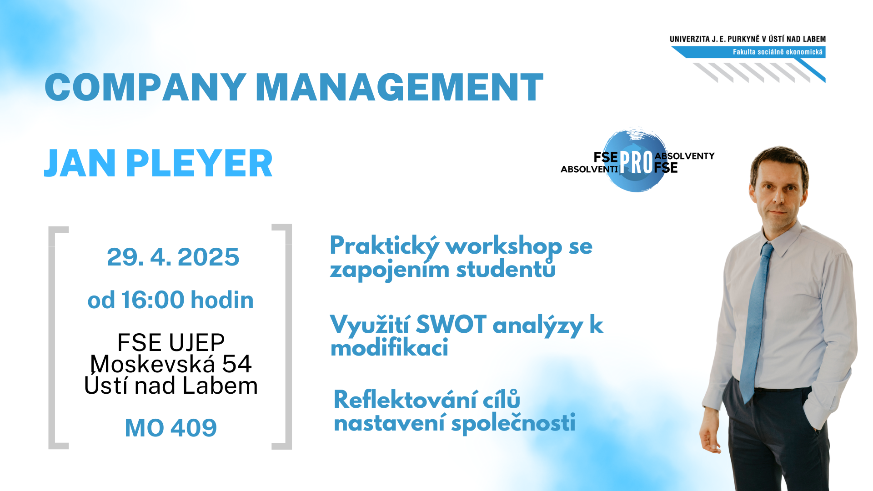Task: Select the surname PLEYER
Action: coord(199,163)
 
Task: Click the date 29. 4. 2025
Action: coord(173,257)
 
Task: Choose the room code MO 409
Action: coord(171,428)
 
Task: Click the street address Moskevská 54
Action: coord(171,364)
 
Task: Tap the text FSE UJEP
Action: coord(171,342)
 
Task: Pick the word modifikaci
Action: coord(389,348)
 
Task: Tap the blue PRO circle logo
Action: coord(637,160)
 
